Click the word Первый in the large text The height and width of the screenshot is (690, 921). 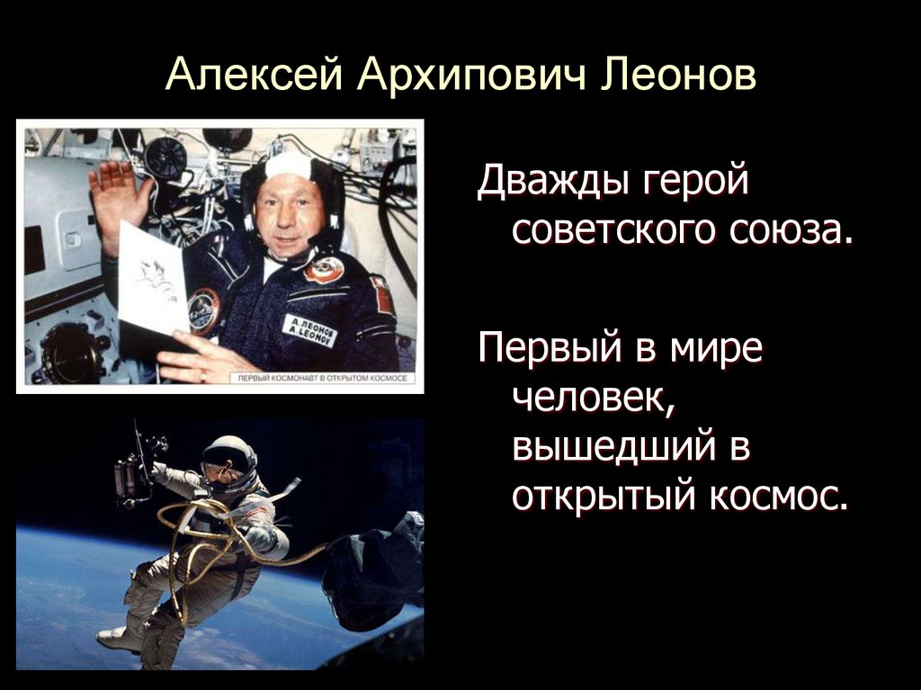point(546,347)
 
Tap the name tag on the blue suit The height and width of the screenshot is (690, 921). point(309,331)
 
